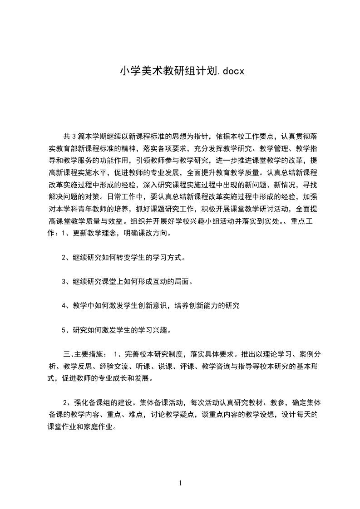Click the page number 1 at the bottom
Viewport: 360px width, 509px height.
click(180, 483)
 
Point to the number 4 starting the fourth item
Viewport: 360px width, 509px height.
click(64, 306)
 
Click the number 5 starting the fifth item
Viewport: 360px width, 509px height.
click(64, 330)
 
